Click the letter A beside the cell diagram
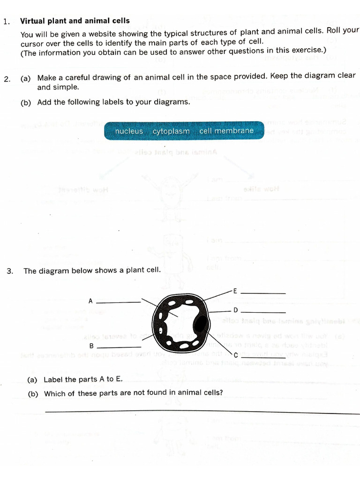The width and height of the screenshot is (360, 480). [90, 301]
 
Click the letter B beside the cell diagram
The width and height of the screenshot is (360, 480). [91, 346]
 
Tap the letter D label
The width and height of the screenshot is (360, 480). [236, 310]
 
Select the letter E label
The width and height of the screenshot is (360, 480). [235, 291]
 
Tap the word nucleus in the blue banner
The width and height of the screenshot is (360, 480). [129, 131]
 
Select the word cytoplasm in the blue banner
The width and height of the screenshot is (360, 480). [171, 131]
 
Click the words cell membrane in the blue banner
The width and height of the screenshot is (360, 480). [226, 131]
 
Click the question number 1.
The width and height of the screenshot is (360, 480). [6, 22]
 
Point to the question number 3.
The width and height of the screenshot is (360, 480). [9, 271]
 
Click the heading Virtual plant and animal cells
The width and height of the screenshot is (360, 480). [75, 21]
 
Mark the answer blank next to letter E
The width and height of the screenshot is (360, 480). [266, 293]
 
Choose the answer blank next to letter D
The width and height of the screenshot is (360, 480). [266, 312]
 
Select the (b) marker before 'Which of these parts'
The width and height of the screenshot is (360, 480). [33, 394]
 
